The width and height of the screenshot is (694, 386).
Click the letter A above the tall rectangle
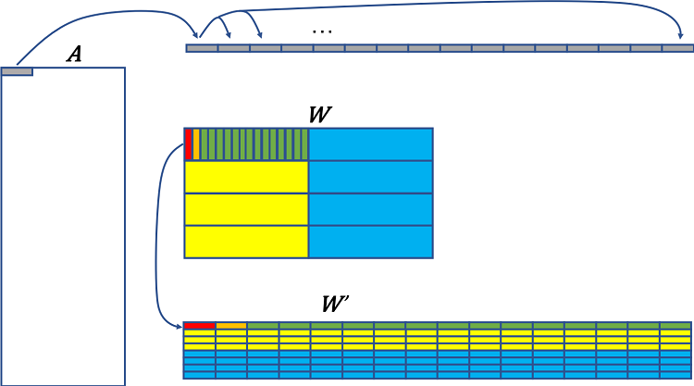74,56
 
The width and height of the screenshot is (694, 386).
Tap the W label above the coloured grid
320,116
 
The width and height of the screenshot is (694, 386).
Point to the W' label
334,305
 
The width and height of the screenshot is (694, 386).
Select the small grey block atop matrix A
18,71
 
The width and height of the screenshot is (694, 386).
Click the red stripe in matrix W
189,144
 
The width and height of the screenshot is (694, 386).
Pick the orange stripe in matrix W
196,144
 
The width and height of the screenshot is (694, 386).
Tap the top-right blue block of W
370,144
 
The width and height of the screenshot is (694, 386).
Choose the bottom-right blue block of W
370,242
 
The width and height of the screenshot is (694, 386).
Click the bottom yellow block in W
246,242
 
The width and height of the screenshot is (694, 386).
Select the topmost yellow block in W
246,177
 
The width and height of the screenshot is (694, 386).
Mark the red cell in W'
200,326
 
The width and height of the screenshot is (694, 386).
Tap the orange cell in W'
231,326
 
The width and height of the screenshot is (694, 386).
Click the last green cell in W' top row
675,326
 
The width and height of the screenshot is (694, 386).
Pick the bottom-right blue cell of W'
675,374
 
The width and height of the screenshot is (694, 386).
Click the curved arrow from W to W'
159,231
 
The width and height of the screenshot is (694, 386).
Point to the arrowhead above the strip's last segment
677,40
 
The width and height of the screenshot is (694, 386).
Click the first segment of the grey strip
202,48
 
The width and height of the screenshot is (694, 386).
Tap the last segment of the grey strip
677,48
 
